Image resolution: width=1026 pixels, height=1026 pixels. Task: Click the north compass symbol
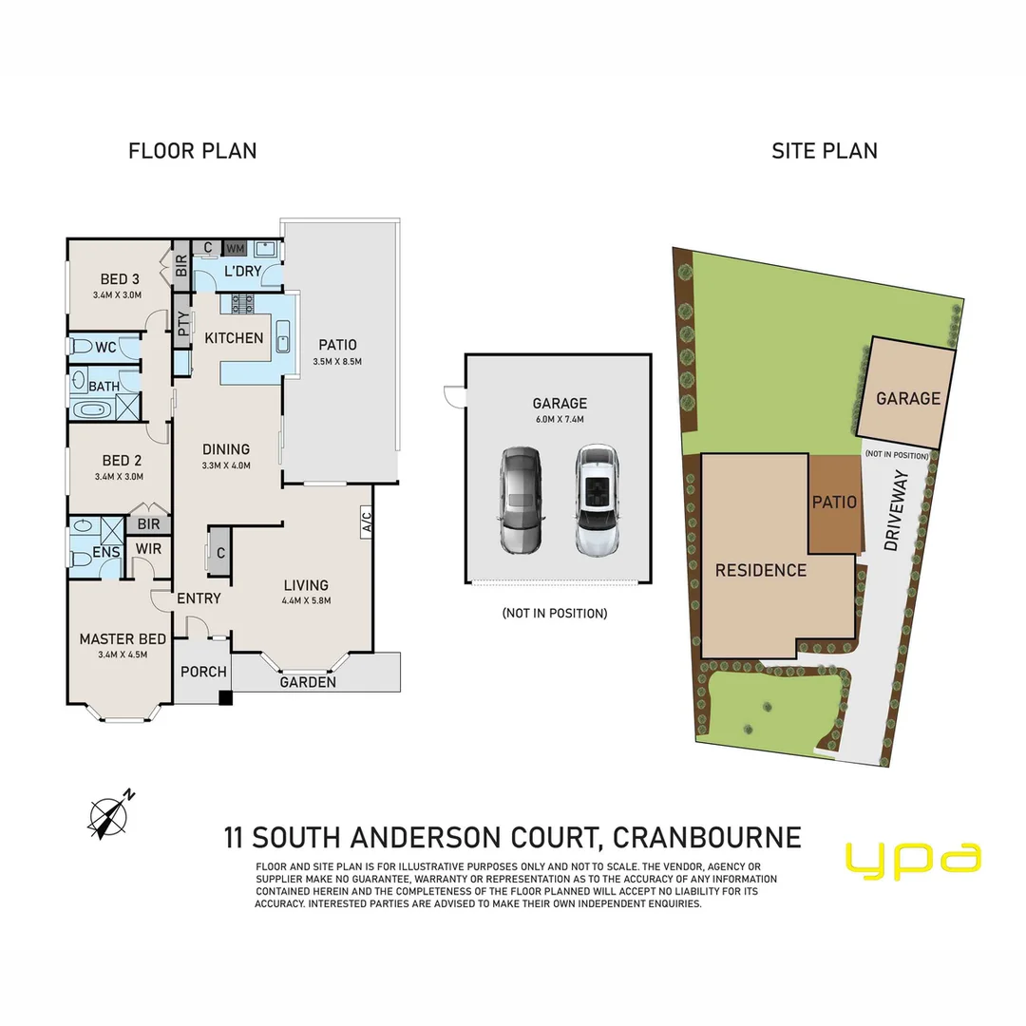tap(111, 814)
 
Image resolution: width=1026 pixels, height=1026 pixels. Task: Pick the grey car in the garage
tap(521, 500)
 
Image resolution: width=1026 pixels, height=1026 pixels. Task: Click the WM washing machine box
tap(235, 248)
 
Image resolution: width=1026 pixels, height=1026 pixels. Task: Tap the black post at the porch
tap(225, 698)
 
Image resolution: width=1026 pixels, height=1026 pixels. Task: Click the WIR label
tap(147, 549)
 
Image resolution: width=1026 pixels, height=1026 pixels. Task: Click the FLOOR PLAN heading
tap(192, 151)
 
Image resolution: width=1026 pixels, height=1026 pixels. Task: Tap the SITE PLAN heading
tap(824, 151)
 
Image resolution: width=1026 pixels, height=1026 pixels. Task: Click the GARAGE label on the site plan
tap(908, 399)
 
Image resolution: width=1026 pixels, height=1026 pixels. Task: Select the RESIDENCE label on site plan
tap(760, 570)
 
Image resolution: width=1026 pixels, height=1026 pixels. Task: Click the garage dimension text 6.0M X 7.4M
tap(559, 419)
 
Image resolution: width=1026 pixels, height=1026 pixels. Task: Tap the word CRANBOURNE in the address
tap(707, 838)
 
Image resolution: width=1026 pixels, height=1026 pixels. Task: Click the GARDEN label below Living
tap(308, 682)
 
